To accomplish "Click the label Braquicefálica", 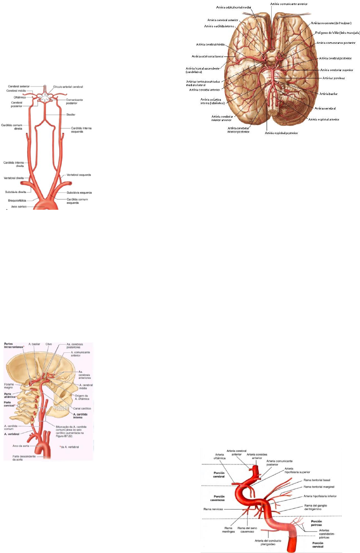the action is point(17,201).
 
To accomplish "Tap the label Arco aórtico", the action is point(19,207).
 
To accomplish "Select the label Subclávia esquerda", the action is point(79,193).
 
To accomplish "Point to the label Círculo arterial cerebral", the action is point(68,87).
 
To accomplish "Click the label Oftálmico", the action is point(20,97).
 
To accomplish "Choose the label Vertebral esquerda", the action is point(79,175).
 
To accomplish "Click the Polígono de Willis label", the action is point(337,33).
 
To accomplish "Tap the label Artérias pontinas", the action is point(333,78).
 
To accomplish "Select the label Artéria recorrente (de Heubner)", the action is point(331,23).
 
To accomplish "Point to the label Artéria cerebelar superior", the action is point(337,70).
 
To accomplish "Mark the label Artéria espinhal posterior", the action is point(281,133).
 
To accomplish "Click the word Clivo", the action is point(49,344).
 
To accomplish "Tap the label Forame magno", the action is point(9,386).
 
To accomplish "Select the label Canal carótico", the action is point(82,409).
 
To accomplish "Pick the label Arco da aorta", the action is point(21,446).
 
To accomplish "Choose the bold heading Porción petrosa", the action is point(317,523).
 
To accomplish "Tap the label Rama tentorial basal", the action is point(317,480).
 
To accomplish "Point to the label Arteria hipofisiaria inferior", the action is point(320,496).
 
